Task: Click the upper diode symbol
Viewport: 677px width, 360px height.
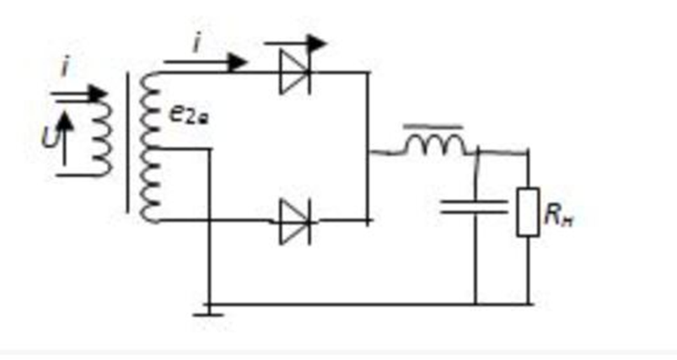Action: tap(295, 73)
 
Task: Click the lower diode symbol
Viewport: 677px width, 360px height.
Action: tap(295, 221)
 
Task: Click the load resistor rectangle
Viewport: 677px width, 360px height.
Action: tap(528, 212)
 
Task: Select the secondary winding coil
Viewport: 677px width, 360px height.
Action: tap(149, 148)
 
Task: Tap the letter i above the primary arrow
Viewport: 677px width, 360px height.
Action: tap(66, 68)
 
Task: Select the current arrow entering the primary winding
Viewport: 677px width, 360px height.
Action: tap(80, 94)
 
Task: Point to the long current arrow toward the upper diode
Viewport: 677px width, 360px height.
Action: tap(207, 61)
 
